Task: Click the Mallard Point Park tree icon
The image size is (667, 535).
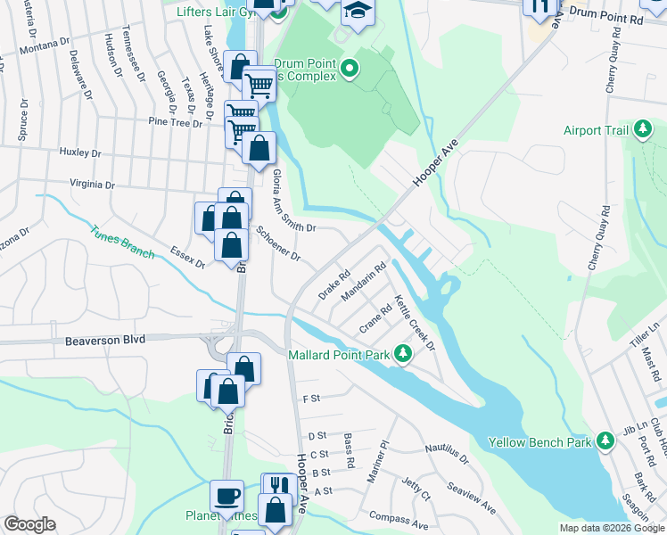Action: [x=403, y=355]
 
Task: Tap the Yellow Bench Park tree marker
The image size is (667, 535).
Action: [x=605, y=441]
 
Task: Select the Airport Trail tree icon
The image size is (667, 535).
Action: [x=642, y=130]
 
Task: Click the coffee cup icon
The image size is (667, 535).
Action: [x=226, y=494]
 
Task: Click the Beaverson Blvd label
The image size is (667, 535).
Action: [x=103, y=341]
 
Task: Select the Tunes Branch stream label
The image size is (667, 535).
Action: [x=120, y=242]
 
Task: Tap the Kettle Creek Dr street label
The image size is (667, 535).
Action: [x=414, y=322]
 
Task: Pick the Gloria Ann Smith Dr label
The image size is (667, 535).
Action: [x=293, y=201]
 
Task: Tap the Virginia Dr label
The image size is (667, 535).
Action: [x=93, y=185]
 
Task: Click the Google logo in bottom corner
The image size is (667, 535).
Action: [x=29, y=524]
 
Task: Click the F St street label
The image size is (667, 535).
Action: [x=311, y=399]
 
